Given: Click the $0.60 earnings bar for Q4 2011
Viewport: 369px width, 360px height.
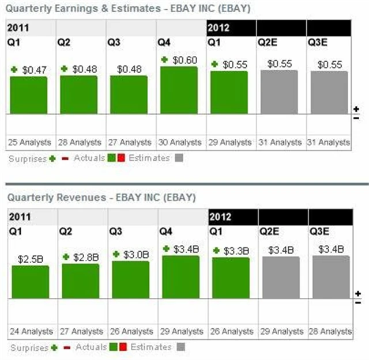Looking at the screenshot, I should pyautogui.click(x=179, y=89).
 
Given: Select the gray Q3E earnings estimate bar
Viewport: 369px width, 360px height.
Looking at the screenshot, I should pyautogui.click(x=329, y=92).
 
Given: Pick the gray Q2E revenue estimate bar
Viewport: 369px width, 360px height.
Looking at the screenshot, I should pyautogui.click(x=281, y=277).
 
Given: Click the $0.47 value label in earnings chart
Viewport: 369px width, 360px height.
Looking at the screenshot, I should pyautogui.click(x=34, y=70).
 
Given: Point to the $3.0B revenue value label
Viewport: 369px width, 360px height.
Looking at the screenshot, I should pyautogui.click(x=136, y=254).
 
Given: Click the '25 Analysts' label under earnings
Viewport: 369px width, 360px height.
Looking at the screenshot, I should pyautogui.click(x=30, y=142).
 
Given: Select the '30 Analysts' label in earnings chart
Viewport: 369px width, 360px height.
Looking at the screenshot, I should pyautogui.click(x=180, y=142).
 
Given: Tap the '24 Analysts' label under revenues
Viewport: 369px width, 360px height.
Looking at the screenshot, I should pyautogui.click(x=31, y=331).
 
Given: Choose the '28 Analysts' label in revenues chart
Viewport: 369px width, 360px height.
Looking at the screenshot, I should pyautogui.click(x=330, y=331).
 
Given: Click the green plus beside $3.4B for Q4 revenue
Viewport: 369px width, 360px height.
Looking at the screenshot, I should pyautogui.click(x=167, y=249).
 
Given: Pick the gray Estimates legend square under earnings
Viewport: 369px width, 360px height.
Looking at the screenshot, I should pyautogui.click(x=179, y=158).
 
